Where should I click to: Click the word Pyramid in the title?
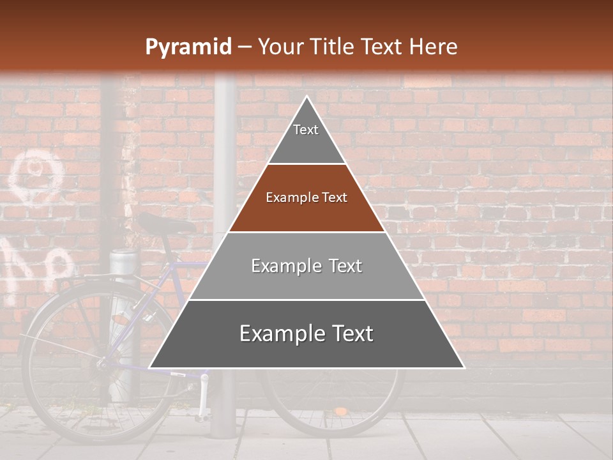click(188, 47)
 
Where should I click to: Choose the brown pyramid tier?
click(306, 198)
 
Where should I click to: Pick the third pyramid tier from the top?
click(306, 266)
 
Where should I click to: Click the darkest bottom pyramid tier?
click(306, 334)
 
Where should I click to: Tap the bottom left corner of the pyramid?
click(151, 367)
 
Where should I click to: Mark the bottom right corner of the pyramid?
click(463, 367)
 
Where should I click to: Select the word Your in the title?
click(280, 47)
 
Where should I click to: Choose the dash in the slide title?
click(244, 47)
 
